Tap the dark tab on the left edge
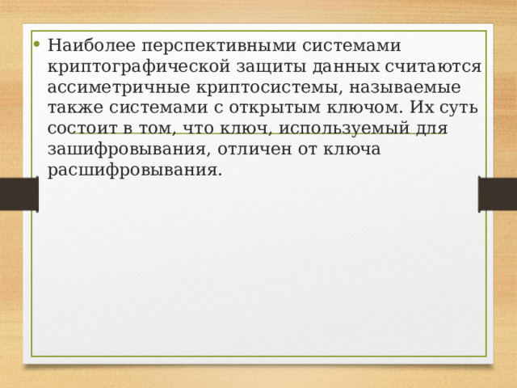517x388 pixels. (x=18, y=194)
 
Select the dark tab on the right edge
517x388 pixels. (x=498, y=194)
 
